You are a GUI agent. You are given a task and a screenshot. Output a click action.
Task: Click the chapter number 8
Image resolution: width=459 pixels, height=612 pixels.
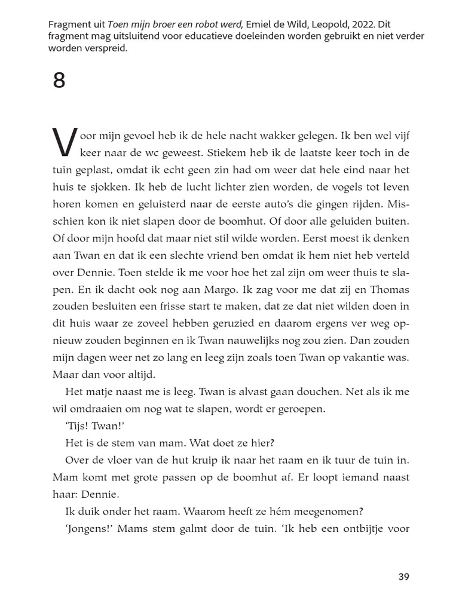(59, 80)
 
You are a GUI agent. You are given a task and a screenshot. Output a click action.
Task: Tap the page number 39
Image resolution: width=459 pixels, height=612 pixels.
(403, 577)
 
